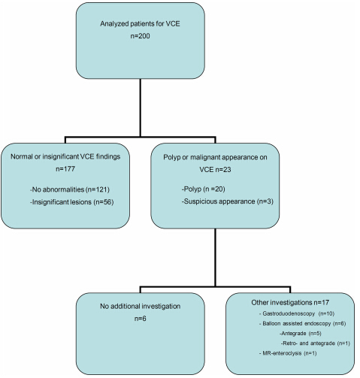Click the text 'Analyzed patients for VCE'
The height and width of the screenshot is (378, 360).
(140, 24)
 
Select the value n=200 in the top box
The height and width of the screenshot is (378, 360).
(140, 36)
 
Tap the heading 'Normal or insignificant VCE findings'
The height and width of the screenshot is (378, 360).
(65, 156)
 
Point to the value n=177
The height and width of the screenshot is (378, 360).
(65, 169)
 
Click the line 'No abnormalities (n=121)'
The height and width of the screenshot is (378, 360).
(70, 189)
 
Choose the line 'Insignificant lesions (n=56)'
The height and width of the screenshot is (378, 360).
(72, 202)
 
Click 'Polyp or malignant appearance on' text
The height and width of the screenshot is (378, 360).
(215, 157)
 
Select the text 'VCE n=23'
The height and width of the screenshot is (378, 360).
(215, 170)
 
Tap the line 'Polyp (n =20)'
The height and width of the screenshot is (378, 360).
(204, 189)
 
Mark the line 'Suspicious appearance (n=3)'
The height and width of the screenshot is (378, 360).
(228, 201)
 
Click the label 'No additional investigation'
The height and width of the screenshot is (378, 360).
(140, 306)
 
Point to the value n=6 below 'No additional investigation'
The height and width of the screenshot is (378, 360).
(140, 319)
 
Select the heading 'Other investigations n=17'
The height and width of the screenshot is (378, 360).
(290, 302)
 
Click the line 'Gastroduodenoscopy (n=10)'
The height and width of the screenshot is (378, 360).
(297, 313)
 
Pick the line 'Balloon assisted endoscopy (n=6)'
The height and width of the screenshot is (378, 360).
(303, 324)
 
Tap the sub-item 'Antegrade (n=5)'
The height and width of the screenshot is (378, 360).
(301, 334)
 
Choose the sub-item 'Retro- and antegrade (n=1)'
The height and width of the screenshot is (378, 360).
(316, 343)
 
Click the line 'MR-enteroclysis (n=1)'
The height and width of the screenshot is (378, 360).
(288, 353)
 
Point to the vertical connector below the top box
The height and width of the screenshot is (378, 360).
(141, 107)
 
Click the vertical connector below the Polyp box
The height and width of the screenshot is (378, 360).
(215, 257)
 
